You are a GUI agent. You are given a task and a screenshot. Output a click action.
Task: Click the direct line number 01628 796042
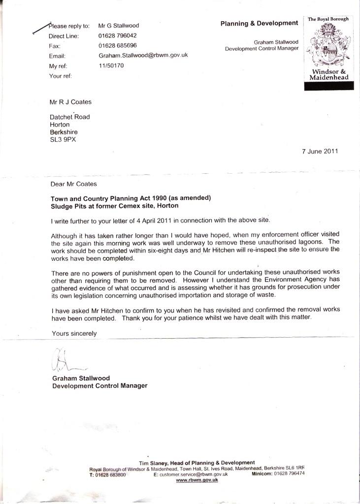(118, 35)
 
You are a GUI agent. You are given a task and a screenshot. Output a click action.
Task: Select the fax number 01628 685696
(118, 45)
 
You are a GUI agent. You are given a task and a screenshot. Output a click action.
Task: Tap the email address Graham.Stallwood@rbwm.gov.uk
(143, 55)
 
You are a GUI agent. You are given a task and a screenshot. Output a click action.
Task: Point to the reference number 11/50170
(111, 65)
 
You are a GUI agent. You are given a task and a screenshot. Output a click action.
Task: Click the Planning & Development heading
(259, 23)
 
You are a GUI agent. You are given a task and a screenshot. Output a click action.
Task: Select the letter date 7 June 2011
(320, 152)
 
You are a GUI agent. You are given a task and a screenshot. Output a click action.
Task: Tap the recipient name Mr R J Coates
(71, 102)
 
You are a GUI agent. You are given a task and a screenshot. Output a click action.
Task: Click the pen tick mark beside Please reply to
(42, 29)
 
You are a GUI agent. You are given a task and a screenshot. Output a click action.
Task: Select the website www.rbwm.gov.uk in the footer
(197, 480)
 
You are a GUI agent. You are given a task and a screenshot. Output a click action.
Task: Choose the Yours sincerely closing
(74, 333)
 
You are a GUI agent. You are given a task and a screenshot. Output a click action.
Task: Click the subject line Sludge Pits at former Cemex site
(114, 206)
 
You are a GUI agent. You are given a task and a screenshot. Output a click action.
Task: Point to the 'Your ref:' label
(61, 76)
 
